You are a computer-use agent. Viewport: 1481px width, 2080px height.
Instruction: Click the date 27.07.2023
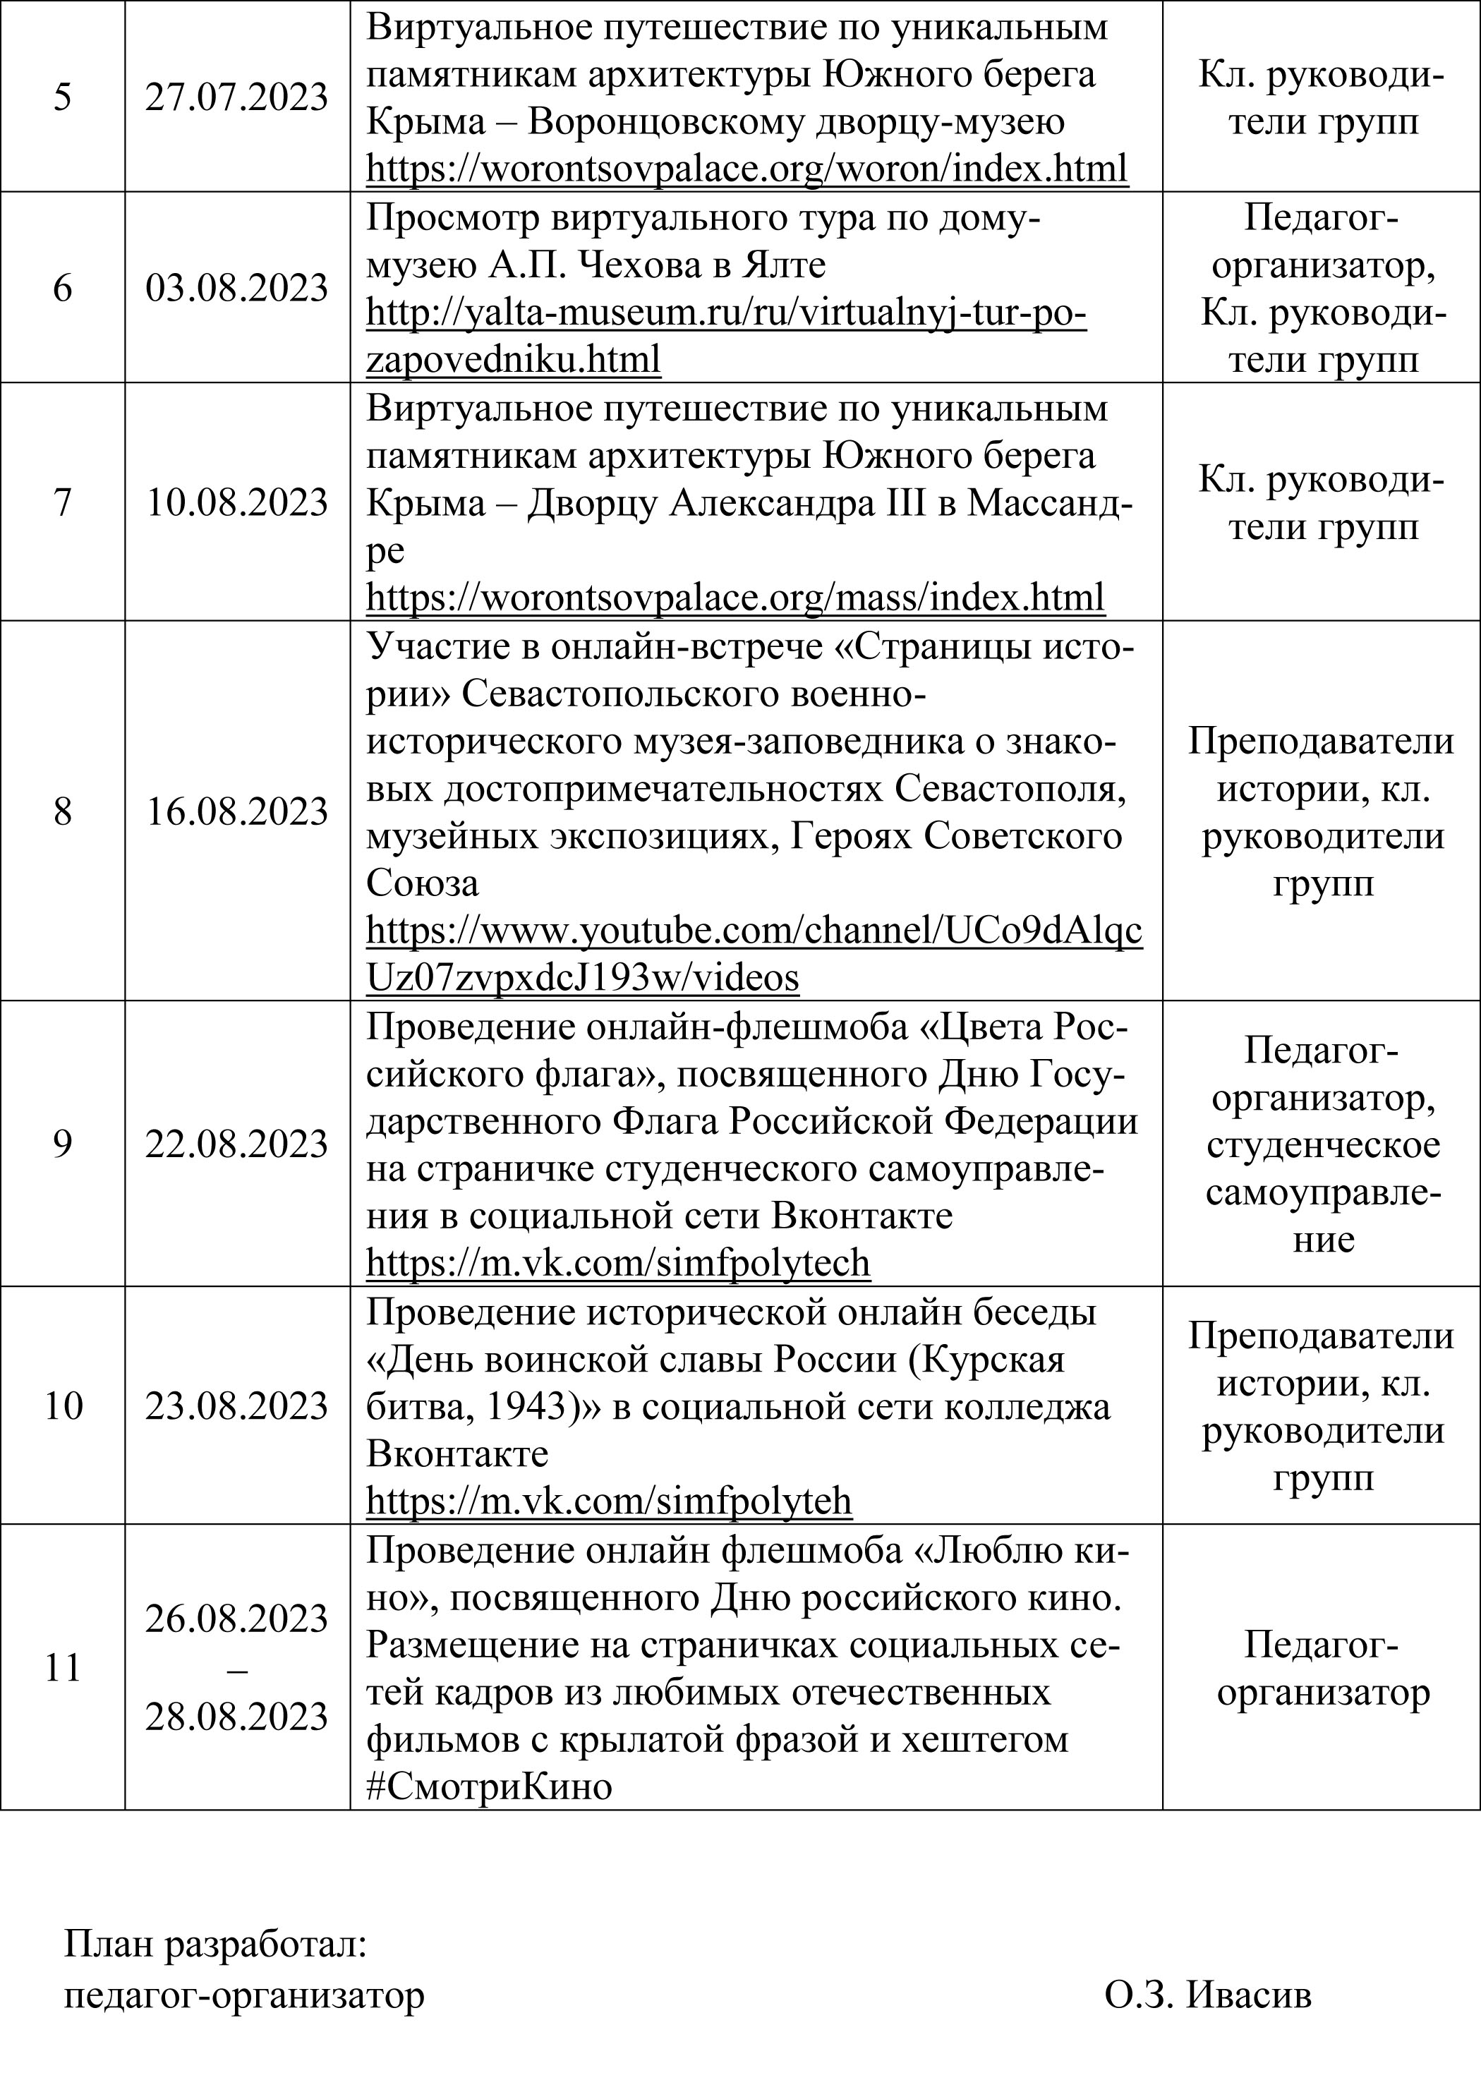[236, 97]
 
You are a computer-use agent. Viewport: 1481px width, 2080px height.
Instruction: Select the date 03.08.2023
[236, 288]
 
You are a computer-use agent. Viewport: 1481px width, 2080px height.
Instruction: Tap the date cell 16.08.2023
[236, 811]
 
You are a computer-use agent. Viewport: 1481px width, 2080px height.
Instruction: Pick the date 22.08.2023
[236, 1144]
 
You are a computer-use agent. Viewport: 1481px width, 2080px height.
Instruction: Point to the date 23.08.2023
[236, 1406]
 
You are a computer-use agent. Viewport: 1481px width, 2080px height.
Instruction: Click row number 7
[62, 502]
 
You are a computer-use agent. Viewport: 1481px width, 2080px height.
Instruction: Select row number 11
[62, 1668]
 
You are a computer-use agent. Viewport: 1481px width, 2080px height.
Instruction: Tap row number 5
[62, 97]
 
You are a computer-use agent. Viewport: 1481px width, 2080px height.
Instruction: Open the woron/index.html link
[747, 169]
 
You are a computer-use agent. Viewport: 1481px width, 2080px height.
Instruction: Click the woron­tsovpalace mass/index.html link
[735, 598]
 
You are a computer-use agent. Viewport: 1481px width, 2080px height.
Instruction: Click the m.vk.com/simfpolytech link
[618, 1263]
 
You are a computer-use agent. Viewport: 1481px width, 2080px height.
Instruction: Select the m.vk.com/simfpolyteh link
[609, 1501]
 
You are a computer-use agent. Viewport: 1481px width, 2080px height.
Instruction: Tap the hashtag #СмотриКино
[489, 1786]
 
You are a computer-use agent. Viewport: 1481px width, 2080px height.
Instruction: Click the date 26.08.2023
[236, 1619]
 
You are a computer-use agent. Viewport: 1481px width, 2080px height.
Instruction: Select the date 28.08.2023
[236, 1717]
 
